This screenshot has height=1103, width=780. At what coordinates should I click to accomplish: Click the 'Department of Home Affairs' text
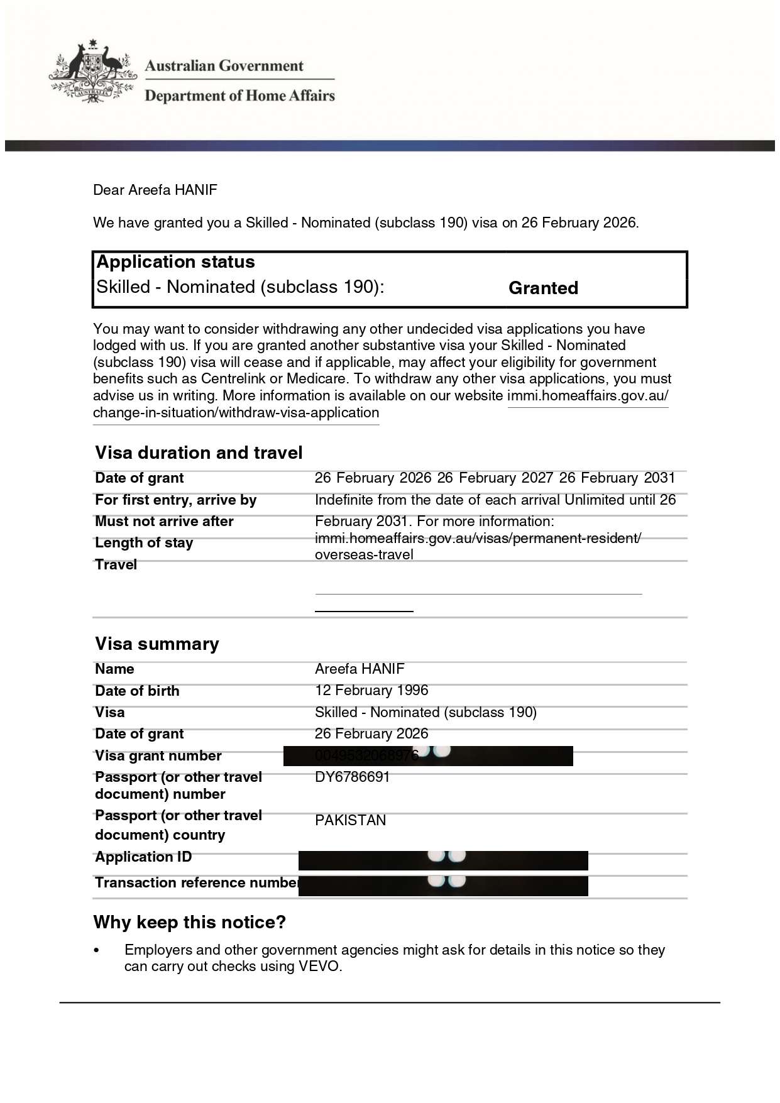(x=239, y=96)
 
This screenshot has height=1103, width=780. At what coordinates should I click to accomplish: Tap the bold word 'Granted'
(x=543, y=288)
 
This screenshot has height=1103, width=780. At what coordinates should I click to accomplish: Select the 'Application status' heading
(x=175, y=262)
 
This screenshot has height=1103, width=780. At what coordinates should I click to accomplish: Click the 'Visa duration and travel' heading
(x=199, y=453)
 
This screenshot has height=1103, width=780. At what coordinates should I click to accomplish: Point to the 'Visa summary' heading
(x=157, y=644)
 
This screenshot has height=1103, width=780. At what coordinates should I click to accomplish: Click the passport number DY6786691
(x=352, y=777)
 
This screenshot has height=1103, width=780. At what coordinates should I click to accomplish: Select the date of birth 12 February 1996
(x=371, y=690)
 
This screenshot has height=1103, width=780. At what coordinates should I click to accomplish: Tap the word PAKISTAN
(x=350, y=820)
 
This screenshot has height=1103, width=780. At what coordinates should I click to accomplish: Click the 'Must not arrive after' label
(x=164, y=521)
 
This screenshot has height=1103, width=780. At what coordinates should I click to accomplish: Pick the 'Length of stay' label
(x=144, y=542)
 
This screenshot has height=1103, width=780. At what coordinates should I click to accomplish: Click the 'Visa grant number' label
(x=158, y=755)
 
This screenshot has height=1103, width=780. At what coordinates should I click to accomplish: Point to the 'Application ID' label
(x=143, y=857)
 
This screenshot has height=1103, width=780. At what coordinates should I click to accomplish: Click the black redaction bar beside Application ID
(x=443, y=860)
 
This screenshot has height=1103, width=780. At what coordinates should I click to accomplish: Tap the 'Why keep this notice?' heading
(x=189, y=922)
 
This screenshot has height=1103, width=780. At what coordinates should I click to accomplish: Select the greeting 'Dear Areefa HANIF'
(x=155, y=190)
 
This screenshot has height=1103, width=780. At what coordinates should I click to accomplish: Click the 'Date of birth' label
(x=137, y=691)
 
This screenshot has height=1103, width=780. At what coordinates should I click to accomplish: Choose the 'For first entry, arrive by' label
(x=175, y=500)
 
